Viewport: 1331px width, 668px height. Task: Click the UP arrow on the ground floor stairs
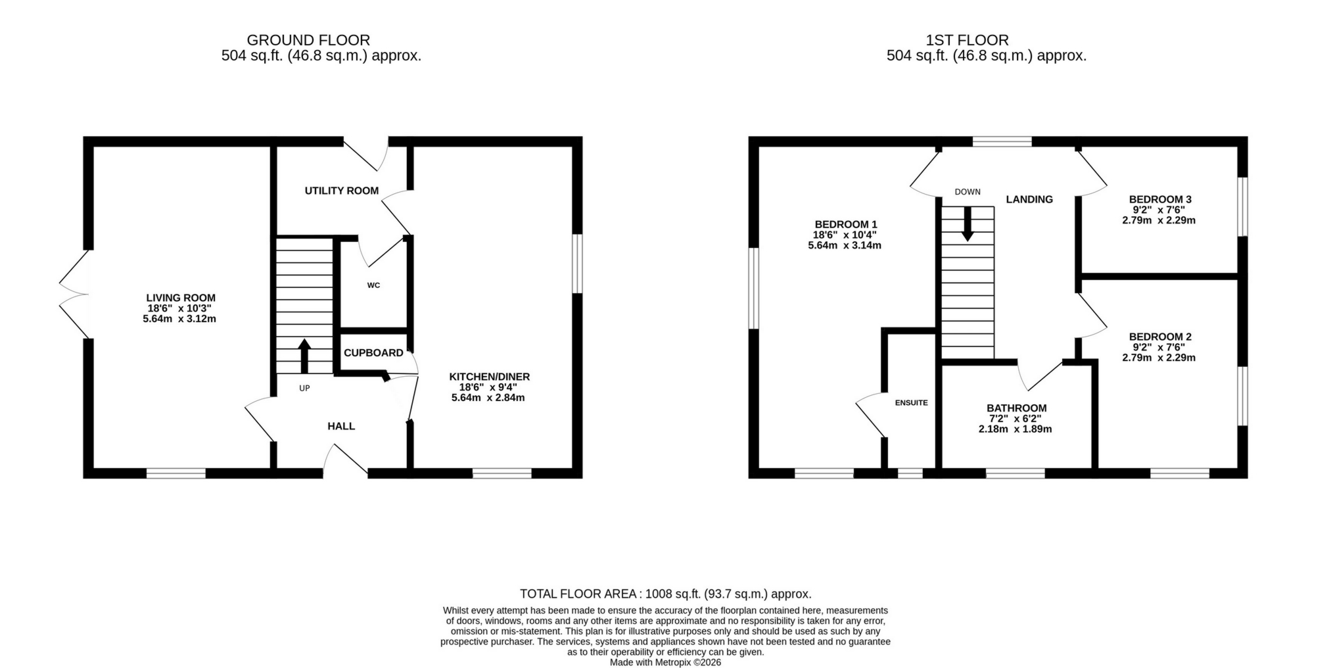click(304, 356)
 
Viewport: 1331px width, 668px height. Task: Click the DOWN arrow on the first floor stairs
click(967, 224)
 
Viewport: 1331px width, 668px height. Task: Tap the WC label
click(373, 285)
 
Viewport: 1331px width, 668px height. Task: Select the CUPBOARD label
click(373, 353)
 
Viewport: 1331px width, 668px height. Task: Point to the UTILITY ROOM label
click(341, 191)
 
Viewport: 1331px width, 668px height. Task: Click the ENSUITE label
click(911, 402)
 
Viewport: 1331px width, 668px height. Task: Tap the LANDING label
click(1029, 199)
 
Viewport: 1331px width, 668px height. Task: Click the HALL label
click(341, 426)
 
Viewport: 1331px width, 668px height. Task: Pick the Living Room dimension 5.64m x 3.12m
click(179, 319)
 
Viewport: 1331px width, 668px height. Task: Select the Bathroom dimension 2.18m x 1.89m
click(1015, 429)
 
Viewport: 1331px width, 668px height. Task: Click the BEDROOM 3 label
click(1159, 199)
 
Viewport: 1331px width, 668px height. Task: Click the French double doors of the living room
click(74, 294)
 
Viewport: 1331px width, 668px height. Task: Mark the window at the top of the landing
click(1002, 141)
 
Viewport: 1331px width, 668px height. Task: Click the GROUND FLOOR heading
click(308, 40)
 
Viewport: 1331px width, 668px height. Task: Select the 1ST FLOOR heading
click(967, 40)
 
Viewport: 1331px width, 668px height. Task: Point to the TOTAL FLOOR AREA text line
click(665, 594)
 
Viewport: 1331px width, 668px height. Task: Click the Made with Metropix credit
click(665, 662)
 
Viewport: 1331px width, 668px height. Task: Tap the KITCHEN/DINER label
click(489, 377)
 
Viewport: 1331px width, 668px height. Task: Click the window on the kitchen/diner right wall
click(577, 264)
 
